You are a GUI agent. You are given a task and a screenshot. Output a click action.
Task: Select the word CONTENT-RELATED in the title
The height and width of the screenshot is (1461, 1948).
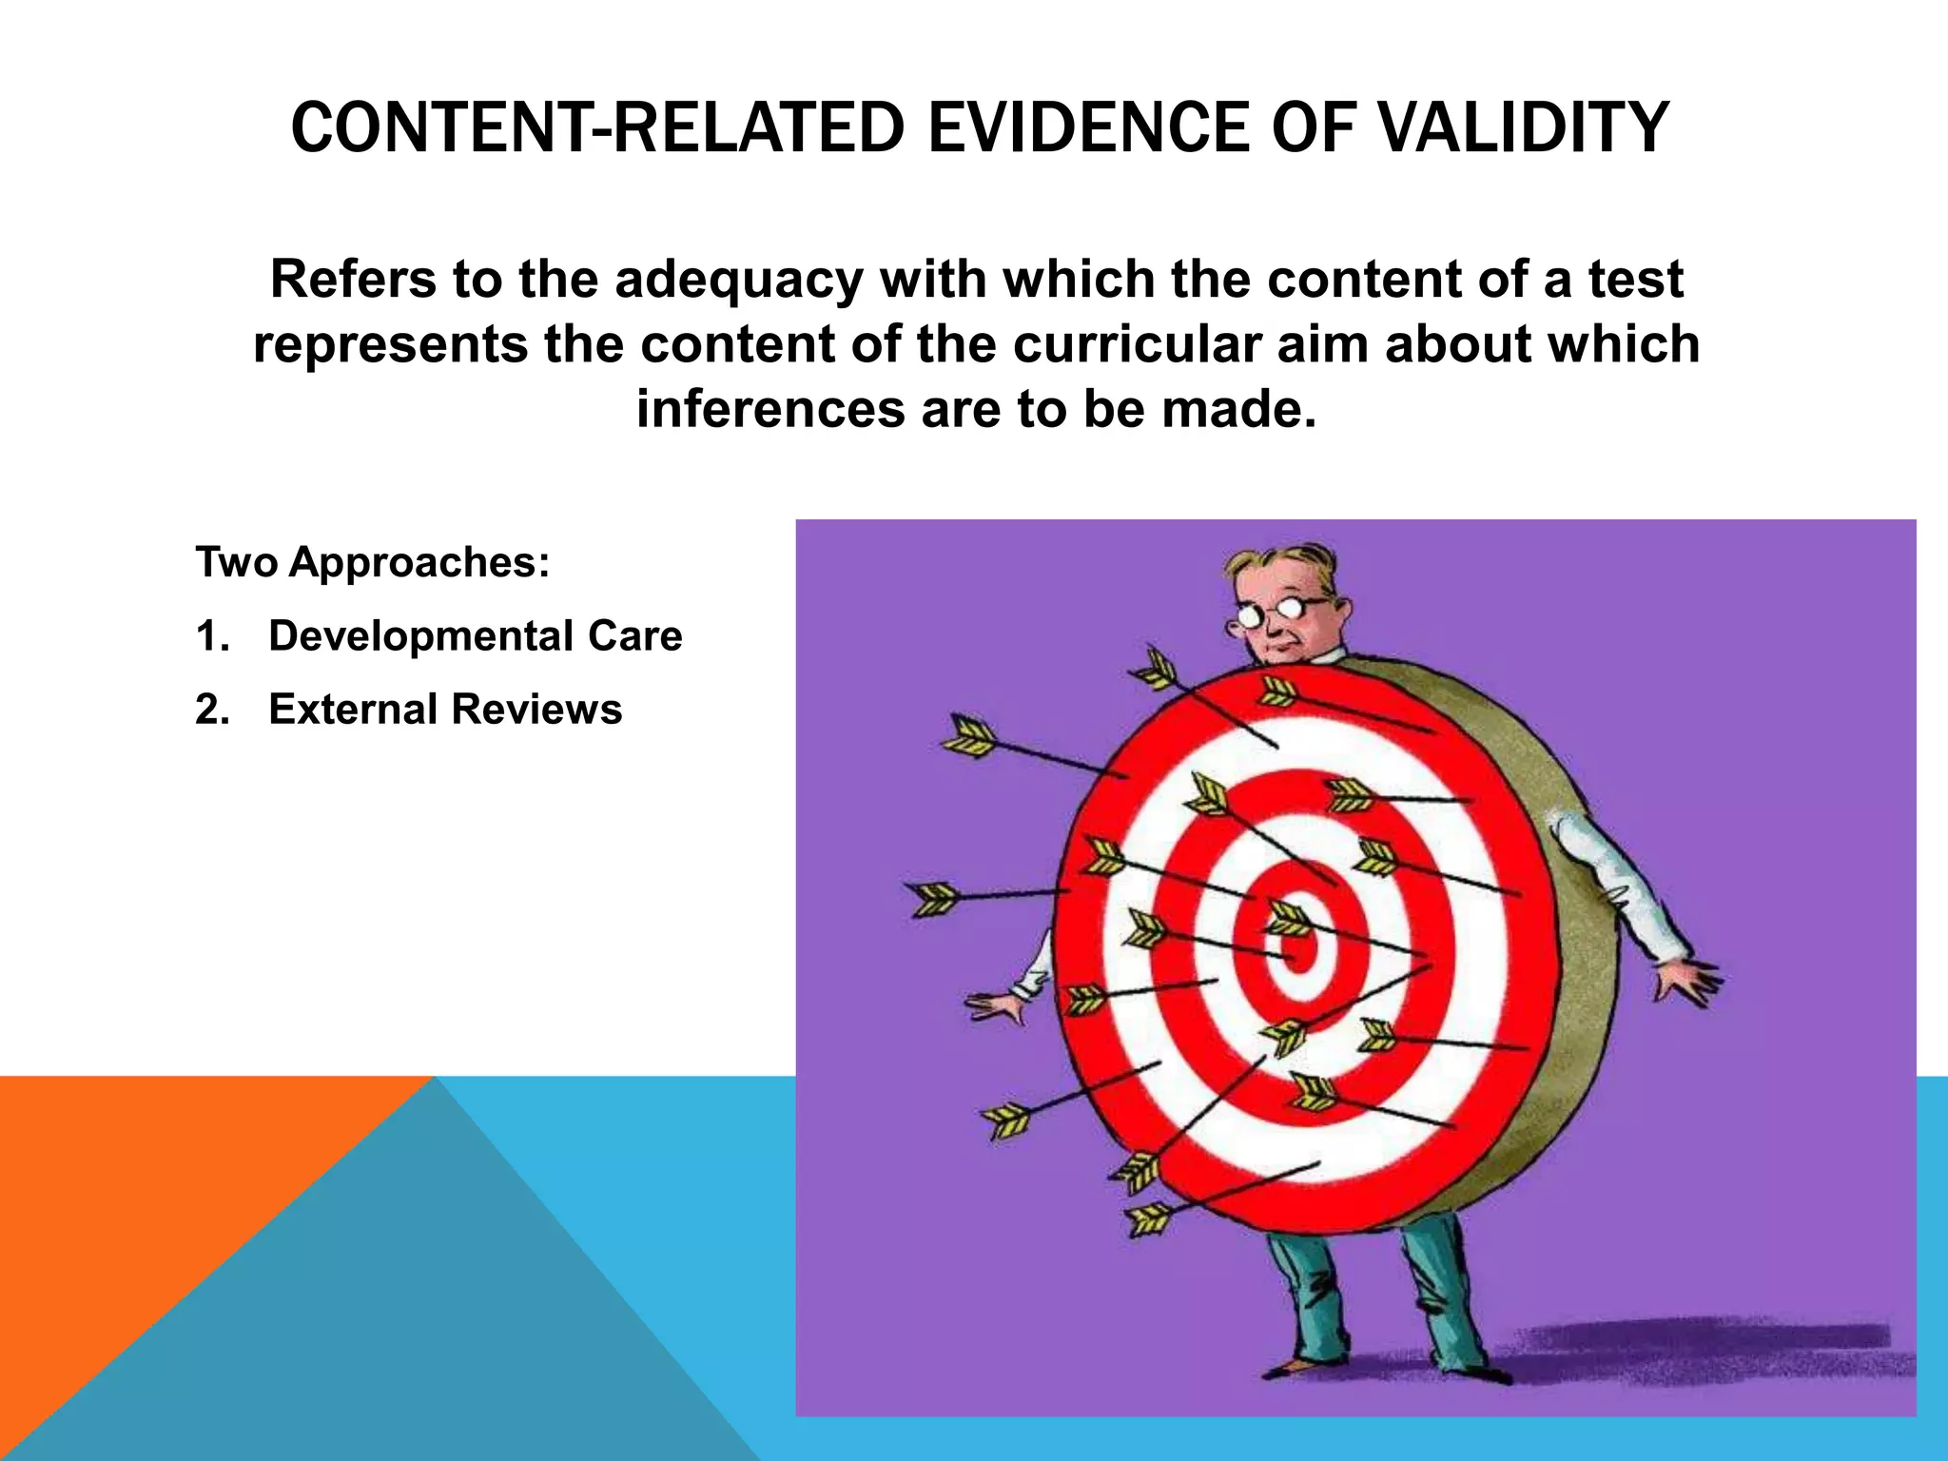click(596, 127)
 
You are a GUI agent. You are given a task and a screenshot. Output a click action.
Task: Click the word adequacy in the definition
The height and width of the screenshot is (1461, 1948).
click(737, 280)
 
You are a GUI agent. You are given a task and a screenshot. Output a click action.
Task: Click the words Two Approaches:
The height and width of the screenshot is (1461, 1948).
click(373, 562)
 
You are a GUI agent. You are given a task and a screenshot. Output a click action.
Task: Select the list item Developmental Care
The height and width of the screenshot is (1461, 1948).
click(475, 636)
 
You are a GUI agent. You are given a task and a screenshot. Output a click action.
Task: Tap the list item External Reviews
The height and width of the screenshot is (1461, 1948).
click(445, 710)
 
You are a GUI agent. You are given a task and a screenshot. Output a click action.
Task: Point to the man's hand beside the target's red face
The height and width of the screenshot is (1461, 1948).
click(995, 1006)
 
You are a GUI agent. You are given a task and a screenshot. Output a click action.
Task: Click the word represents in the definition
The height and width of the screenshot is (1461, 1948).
click(391, 344)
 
